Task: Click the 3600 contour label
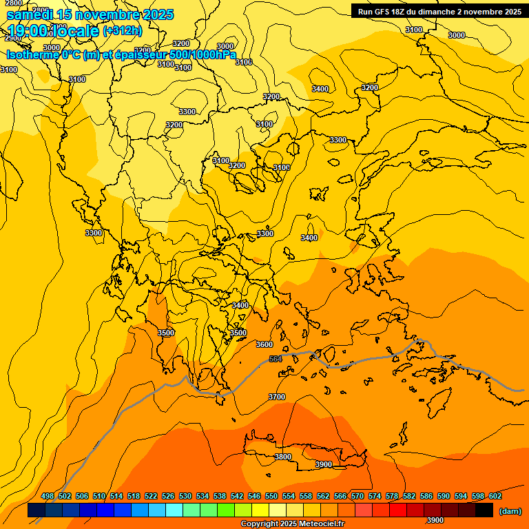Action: [x=264, y=344]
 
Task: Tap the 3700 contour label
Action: [x=277, y=397]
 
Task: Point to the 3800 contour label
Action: [x=282, y=457]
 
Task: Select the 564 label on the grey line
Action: [x=276, y=359]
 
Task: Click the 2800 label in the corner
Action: [x=13, y=3]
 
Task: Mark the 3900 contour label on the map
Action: [x=323, y=464]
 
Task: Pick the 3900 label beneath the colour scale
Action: [x=434, y=520]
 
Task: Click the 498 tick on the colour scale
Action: [x=48, y=496]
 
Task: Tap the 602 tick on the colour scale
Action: [x=495, y=496]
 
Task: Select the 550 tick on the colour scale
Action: [x=271, y=496]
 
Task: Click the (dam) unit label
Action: [x=510, y=511]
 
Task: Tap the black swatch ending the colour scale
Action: [x=484, y=510]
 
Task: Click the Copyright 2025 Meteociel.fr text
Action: [x=292, y=524]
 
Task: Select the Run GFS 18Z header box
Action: [x=439, y=12]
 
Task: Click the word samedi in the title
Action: [x=30, y=14]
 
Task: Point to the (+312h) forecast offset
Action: [x=123, y=31]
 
